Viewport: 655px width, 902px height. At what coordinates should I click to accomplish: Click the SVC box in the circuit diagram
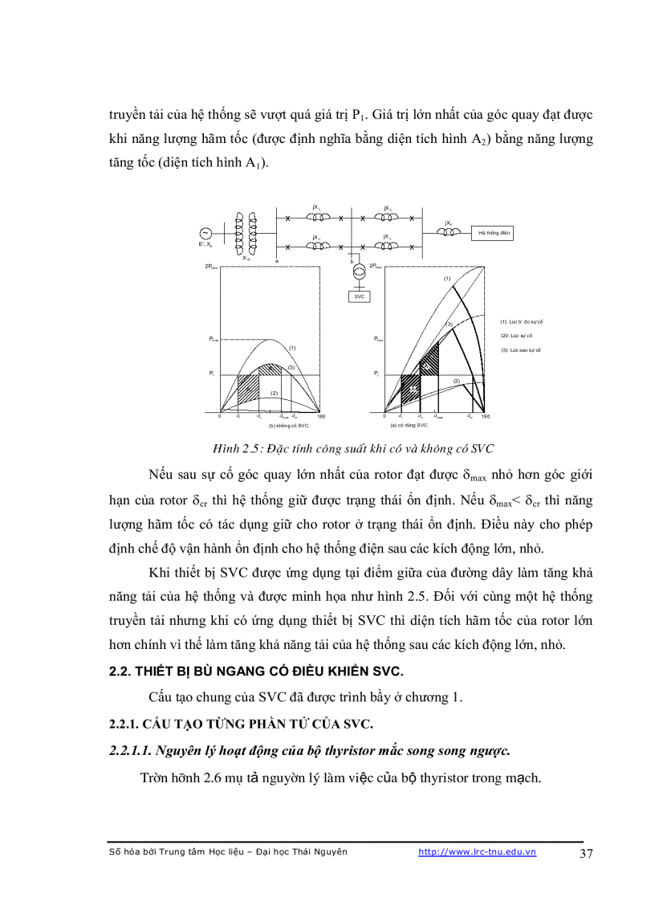point(359,296)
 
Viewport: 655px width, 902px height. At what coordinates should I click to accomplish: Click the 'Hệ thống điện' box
point(491,233)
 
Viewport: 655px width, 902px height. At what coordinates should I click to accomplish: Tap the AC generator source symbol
point(193,233)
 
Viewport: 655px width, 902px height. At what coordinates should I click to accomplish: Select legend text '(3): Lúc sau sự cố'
point(521,350)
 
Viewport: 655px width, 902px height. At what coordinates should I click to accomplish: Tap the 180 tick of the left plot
point(321,417)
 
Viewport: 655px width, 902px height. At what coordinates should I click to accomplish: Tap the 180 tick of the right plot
point(485,417)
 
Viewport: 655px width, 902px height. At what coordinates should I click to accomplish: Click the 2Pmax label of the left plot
point(211,264)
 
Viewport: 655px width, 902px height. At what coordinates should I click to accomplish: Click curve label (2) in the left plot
point(274,393)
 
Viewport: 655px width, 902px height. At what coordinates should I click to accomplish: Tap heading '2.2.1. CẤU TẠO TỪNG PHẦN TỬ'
point(241,724)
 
